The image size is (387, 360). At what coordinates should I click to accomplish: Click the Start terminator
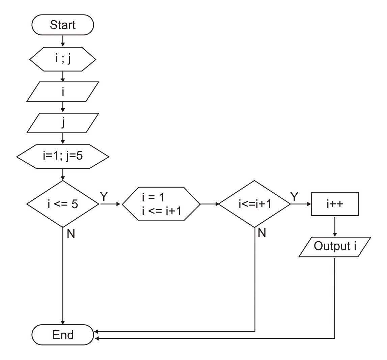pos(63,25)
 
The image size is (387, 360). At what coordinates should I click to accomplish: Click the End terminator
pos(63,335)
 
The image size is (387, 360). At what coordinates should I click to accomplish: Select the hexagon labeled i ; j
pos(63,59)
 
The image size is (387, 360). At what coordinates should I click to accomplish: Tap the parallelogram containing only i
pos(63,91)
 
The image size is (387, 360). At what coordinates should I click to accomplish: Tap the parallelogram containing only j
pos(63,123)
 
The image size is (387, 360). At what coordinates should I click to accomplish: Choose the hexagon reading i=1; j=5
pos(63,157)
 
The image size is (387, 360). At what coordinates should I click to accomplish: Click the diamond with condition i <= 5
pos(63,204)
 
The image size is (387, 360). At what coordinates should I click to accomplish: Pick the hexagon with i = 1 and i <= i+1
pos(161,204)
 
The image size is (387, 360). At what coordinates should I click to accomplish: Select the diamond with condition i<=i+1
pos(255,204)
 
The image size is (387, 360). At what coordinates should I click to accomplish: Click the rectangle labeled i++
pos(335,204)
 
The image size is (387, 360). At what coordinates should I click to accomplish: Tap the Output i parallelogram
pos(335,247)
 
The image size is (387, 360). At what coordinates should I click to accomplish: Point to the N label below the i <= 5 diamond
pos(71,234)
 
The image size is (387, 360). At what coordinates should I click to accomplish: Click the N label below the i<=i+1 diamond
pos(262,233)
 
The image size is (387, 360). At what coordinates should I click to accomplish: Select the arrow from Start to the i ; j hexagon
pos(63,41)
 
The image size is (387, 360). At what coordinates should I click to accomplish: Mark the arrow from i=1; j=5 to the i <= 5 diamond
pos(63,174)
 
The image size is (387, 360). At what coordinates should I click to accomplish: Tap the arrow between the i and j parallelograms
pos(63,107)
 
